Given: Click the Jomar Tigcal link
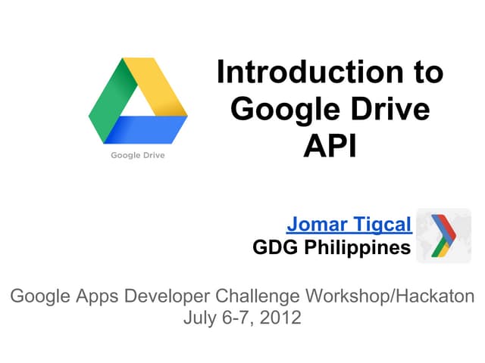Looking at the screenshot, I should coord(349,225).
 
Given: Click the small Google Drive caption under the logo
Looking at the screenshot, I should coord(138,156).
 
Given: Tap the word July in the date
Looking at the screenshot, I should coord(199,318).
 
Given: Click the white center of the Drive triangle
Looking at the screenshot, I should coord(138,102).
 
